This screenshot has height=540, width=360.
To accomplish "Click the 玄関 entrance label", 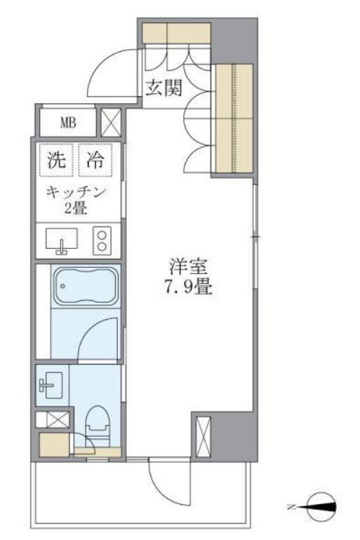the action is (x=164, y=88).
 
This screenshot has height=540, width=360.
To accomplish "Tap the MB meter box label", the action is (x=68, y=123).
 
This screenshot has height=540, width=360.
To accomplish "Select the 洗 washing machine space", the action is (x=56, y=160).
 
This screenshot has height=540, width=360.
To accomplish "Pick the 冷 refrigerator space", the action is (x=95, y=160).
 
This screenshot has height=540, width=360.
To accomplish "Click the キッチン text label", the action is (x=76, y=193).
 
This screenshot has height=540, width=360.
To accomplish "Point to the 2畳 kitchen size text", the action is (x=76, y=208).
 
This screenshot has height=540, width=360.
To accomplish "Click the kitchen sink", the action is (x=62, y=241).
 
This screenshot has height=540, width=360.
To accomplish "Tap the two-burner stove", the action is (x=102, y=241).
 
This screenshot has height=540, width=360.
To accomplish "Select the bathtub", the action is (x=86, y=286).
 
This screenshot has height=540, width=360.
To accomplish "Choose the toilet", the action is (x=97, y=426).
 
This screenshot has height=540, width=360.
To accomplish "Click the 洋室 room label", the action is (x=188, y=267).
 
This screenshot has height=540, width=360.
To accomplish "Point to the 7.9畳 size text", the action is (x=187, y=287).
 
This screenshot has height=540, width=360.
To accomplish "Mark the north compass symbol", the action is (x=322, y=507).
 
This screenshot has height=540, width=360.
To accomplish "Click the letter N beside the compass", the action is (x=291, y=507).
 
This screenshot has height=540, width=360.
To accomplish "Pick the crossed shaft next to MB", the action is (x=111, y=122).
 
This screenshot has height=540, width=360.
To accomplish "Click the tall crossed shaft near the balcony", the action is (x=203, y=436).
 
